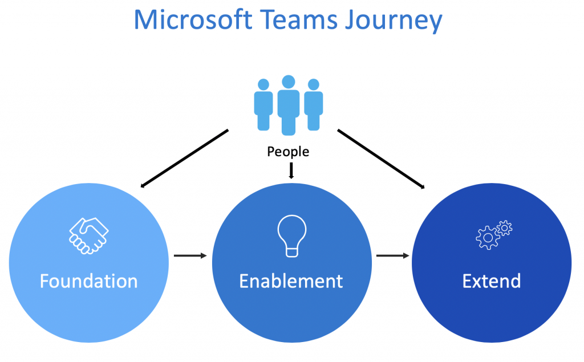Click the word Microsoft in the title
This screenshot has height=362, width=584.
pos(193,19)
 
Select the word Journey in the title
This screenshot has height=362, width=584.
pos(394,21)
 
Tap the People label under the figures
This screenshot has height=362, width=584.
pos(288,152)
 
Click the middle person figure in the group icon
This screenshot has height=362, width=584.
pos(288,105)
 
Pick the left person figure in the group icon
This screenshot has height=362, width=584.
pos(263,105)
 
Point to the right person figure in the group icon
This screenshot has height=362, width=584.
pos(314,105)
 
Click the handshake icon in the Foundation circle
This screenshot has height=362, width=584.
pos(88,236)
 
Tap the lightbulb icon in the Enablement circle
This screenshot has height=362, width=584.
pos(292,236)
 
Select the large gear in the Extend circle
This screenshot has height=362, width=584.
pos(487,238)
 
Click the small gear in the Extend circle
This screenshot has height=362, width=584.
pos(505,228)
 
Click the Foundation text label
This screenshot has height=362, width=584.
pos(88,281)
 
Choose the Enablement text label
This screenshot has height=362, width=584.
pos(291,281)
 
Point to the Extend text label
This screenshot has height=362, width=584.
pos(491,281)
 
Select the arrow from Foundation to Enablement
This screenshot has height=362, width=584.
pos(190,255)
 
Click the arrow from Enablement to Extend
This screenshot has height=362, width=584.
pos(393,255)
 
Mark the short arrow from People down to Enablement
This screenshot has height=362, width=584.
pos(291,171)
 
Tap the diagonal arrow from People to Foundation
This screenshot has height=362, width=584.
pos(184,158)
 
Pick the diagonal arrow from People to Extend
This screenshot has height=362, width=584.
pos(381,159)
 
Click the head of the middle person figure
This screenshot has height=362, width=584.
pos(289,82)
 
